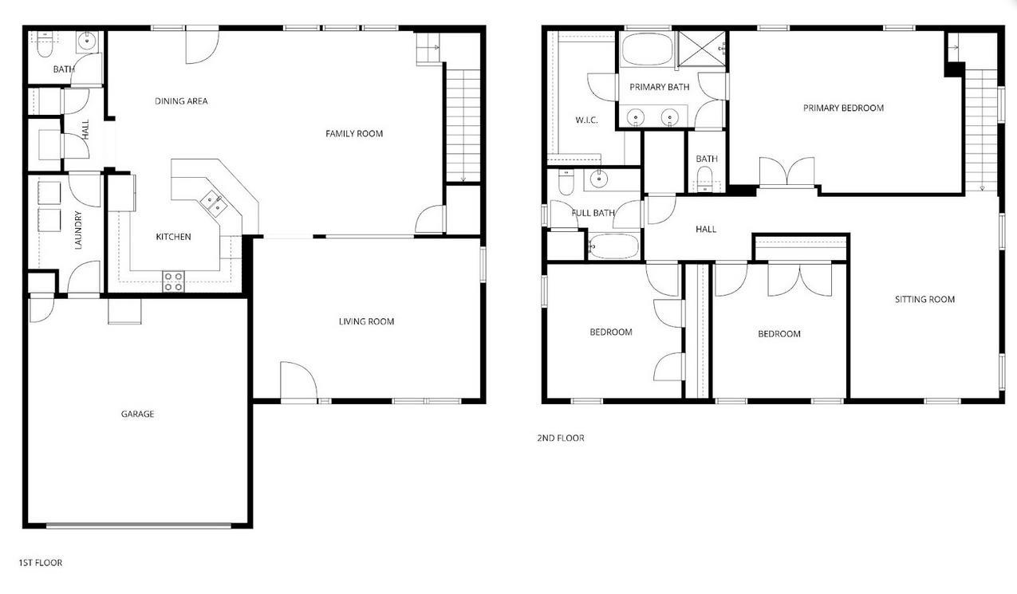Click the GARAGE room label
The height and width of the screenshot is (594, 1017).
point(137,414)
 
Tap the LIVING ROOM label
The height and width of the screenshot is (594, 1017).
point(366,321)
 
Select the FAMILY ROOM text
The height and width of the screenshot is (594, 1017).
point(354,133)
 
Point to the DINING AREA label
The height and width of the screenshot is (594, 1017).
point(181,101)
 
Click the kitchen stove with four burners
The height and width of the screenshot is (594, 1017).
point(173,281)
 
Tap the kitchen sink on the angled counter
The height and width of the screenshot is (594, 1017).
point(214,203)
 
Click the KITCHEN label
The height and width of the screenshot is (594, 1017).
point(173,237)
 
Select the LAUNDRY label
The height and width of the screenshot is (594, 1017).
point(78,230)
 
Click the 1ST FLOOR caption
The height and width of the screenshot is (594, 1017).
point(41,563)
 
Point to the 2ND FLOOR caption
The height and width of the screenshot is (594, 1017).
point(560,438)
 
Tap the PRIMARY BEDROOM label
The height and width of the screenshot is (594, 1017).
point(843,108)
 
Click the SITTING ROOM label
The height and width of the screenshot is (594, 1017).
point(924,299)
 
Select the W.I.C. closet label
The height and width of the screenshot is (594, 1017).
point(586,120)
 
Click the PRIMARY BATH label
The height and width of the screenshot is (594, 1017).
point(659,87)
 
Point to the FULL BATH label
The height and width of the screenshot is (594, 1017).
point(593,213)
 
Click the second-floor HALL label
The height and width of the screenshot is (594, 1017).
point(706,229)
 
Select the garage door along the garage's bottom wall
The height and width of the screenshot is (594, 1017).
point(139,525)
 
